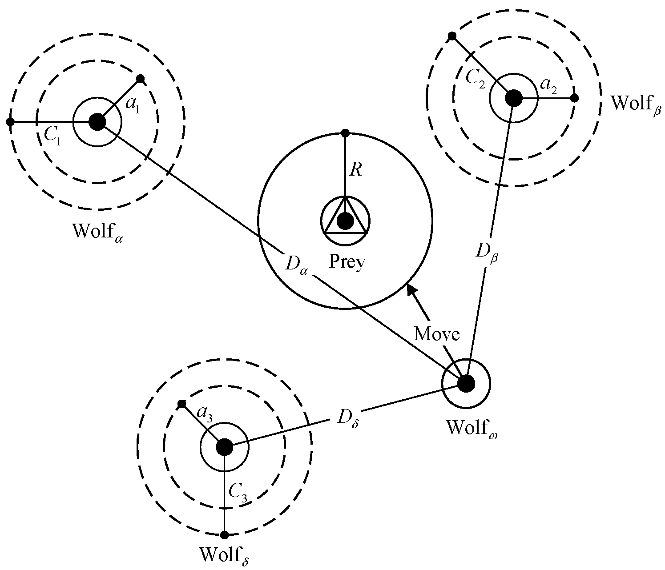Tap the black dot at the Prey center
pos(345,220)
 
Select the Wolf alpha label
pos(97,232)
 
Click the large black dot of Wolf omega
pos(466,383)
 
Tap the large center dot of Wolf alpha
pos(97,121)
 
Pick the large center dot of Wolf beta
pos(514,98)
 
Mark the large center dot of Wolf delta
pos(224,447)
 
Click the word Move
pos(436,333)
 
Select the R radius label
pos(355,170)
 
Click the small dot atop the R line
pos(345,132)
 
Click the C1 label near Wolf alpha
pos(53,134)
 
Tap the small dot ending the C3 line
pos(224,534)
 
